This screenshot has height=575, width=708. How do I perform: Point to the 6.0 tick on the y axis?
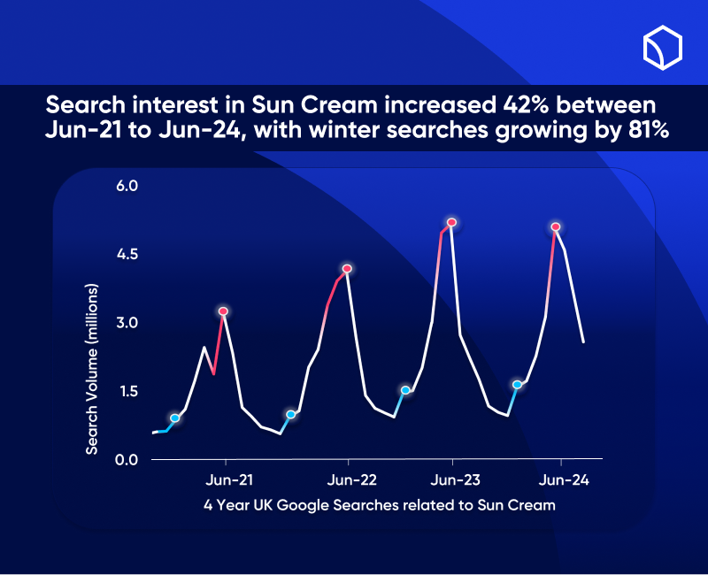[x=127, y=186]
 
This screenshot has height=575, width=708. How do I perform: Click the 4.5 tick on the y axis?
[x=127, y=255]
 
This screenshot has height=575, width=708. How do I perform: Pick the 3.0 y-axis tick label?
[x=127, y=323]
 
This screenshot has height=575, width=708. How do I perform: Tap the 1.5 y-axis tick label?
[x=127, y=391]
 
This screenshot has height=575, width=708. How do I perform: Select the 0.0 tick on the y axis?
[x=127, y=459]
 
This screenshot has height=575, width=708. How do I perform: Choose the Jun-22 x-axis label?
[x=352, y=480]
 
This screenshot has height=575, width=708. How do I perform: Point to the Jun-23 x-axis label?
[x=456, y=480]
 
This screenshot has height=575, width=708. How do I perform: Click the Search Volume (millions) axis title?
[x=91, y=370]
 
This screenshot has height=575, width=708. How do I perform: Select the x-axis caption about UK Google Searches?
[x=379, y=506]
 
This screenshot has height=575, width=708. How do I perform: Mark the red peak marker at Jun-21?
[x=224, y=311]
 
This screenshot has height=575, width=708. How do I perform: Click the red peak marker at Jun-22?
[x=348, y=268]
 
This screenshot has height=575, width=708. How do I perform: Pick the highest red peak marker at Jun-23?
[x=451, y=222]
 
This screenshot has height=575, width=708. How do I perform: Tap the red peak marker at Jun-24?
[x=556, y=227]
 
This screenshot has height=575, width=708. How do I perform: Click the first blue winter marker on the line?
[x=175, y=418]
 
